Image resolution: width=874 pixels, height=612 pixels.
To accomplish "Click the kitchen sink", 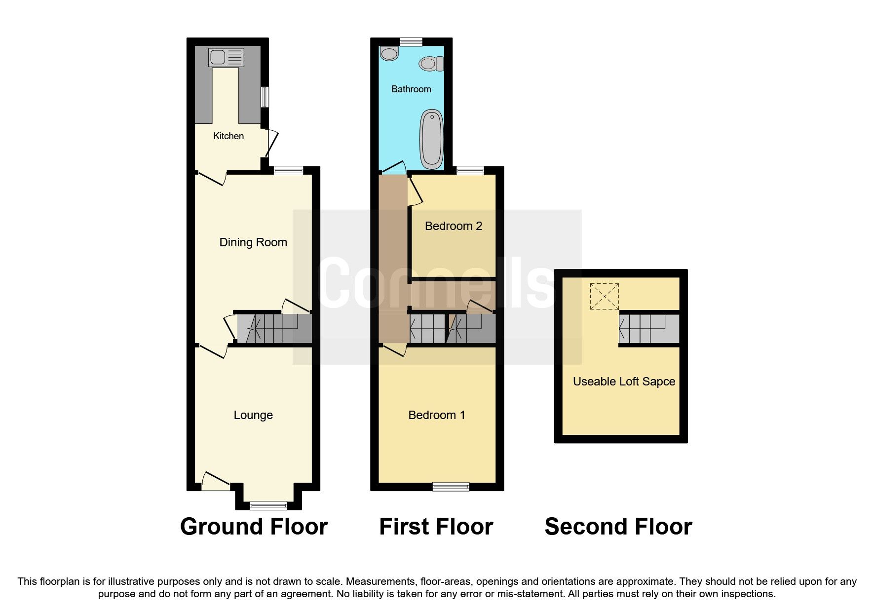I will coord(226,57).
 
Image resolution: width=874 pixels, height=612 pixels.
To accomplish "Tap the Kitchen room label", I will coord(228,136).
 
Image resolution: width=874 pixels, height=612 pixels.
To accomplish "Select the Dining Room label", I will coord(253,242).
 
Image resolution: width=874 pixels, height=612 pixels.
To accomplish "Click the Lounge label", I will coord(253,415).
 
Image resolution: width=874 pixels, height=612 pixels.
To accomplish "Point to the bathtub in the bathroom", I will coord(431,139).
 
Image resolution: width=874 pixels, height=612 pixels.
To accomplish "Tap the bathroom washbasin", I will coord(389,53).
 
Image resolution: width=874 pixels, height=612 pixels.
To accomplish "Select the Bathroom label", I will coord(411,89).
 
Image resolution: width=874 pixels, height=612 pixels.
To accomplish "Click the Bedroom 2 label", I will coord(453,226).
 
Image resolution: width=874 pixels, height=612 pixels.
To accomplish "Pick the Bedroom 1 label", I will coord(437,415).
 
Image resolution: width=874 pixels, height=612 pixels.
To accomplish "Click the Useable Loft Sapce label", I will coord(624,382).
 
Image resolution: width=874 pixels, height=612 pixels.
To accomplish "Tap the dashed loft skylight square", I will coord(604,296).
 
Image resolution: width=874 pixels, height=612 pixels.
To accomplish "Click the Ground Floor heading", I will coord(254,527).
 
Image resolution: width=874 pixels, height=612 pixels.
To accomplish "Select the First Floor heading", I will coord(436,527).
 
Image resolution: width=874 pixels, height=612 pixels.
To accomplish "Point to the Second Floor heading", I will coord(618,527).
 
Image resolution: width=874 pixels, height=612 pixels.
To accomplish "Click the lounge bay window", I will coord(268,505).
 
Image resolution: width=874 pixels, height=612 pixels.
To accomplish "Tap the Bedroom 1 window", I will coord(451,487).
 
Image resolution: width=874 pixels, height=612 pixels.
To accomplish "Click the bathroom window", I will coord(411,41).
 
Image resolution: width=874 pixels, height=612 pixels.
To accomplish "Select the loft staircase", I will coord(649,329).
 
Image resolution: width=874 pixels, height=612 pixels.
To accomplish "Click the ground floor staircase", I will coord(274,329).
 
